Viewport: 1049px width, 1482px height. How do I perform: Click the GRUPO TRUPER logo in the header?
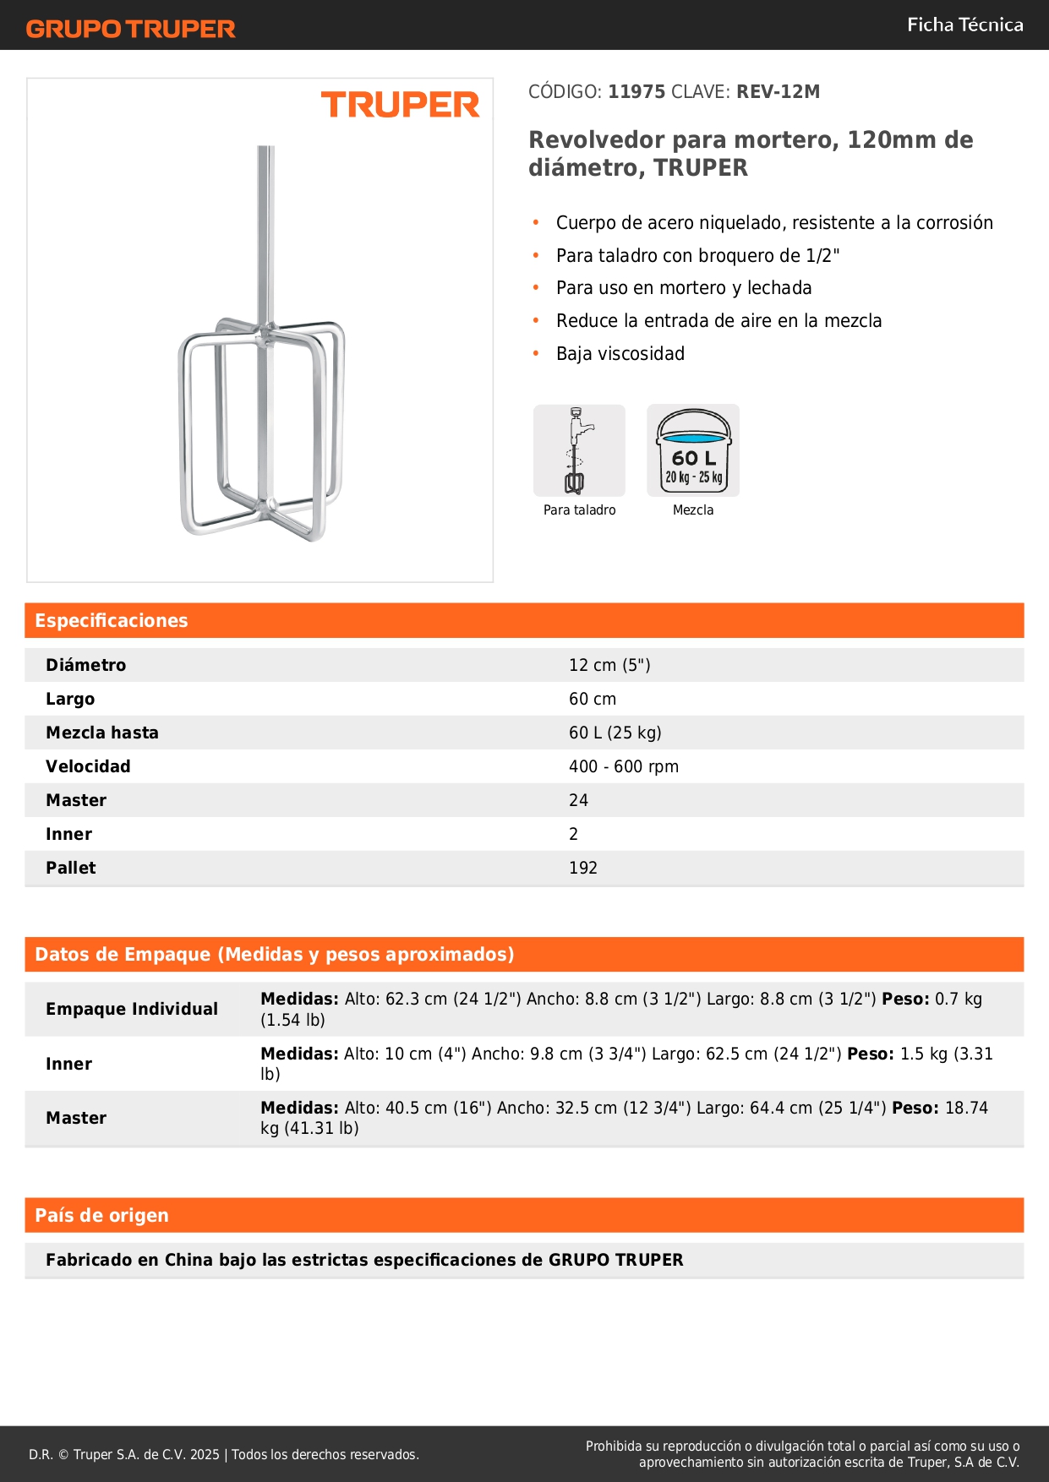[130, 29]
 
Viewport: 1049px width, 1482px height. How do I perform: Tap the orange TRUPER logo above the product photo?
[400, 105]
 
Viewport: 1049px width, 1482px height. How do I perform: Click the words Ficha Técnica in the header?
[964, 25]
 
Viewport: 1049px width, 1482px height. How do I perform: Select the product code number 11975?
[637, 91]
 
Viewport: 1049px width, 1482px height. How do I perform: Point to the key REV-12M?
[778, 91]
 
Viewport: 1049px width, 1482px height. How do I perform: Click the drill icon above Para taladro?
[579, 450]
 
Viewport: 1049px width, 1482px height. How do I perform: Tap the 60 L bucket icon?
[693, 450]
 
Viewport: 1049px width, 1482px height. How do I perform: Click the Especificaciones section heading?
[112, 620]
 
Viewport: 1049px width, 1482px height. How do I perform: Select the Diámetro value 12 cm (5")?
[609, 665]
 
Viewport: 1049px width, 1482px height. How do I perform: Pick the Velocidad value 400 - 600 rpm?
[624, 766]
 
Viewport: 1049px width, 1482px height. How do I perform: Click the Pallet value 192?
[583, 868]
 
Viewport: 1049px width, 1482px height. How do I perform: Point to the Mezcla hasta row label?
[102, 733]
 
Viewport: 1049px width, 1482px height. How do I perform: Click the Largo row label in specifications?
[70, 699]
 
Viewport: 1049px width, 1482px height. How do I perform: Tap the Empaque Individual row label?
[132, 1009]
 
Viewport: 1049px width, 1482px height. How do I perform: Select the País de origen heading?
[101, 1215]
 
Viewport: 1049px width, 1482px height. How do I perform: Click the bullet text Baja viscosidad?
[620, 353]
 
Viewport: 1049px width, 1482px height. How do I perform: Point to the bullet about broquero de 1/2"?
[697, 255]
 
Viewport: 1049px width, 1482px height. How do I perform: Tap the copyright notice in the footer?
[224, 1454]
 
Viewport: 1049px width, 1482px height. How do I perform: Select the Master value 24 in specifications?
[578, 800]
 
